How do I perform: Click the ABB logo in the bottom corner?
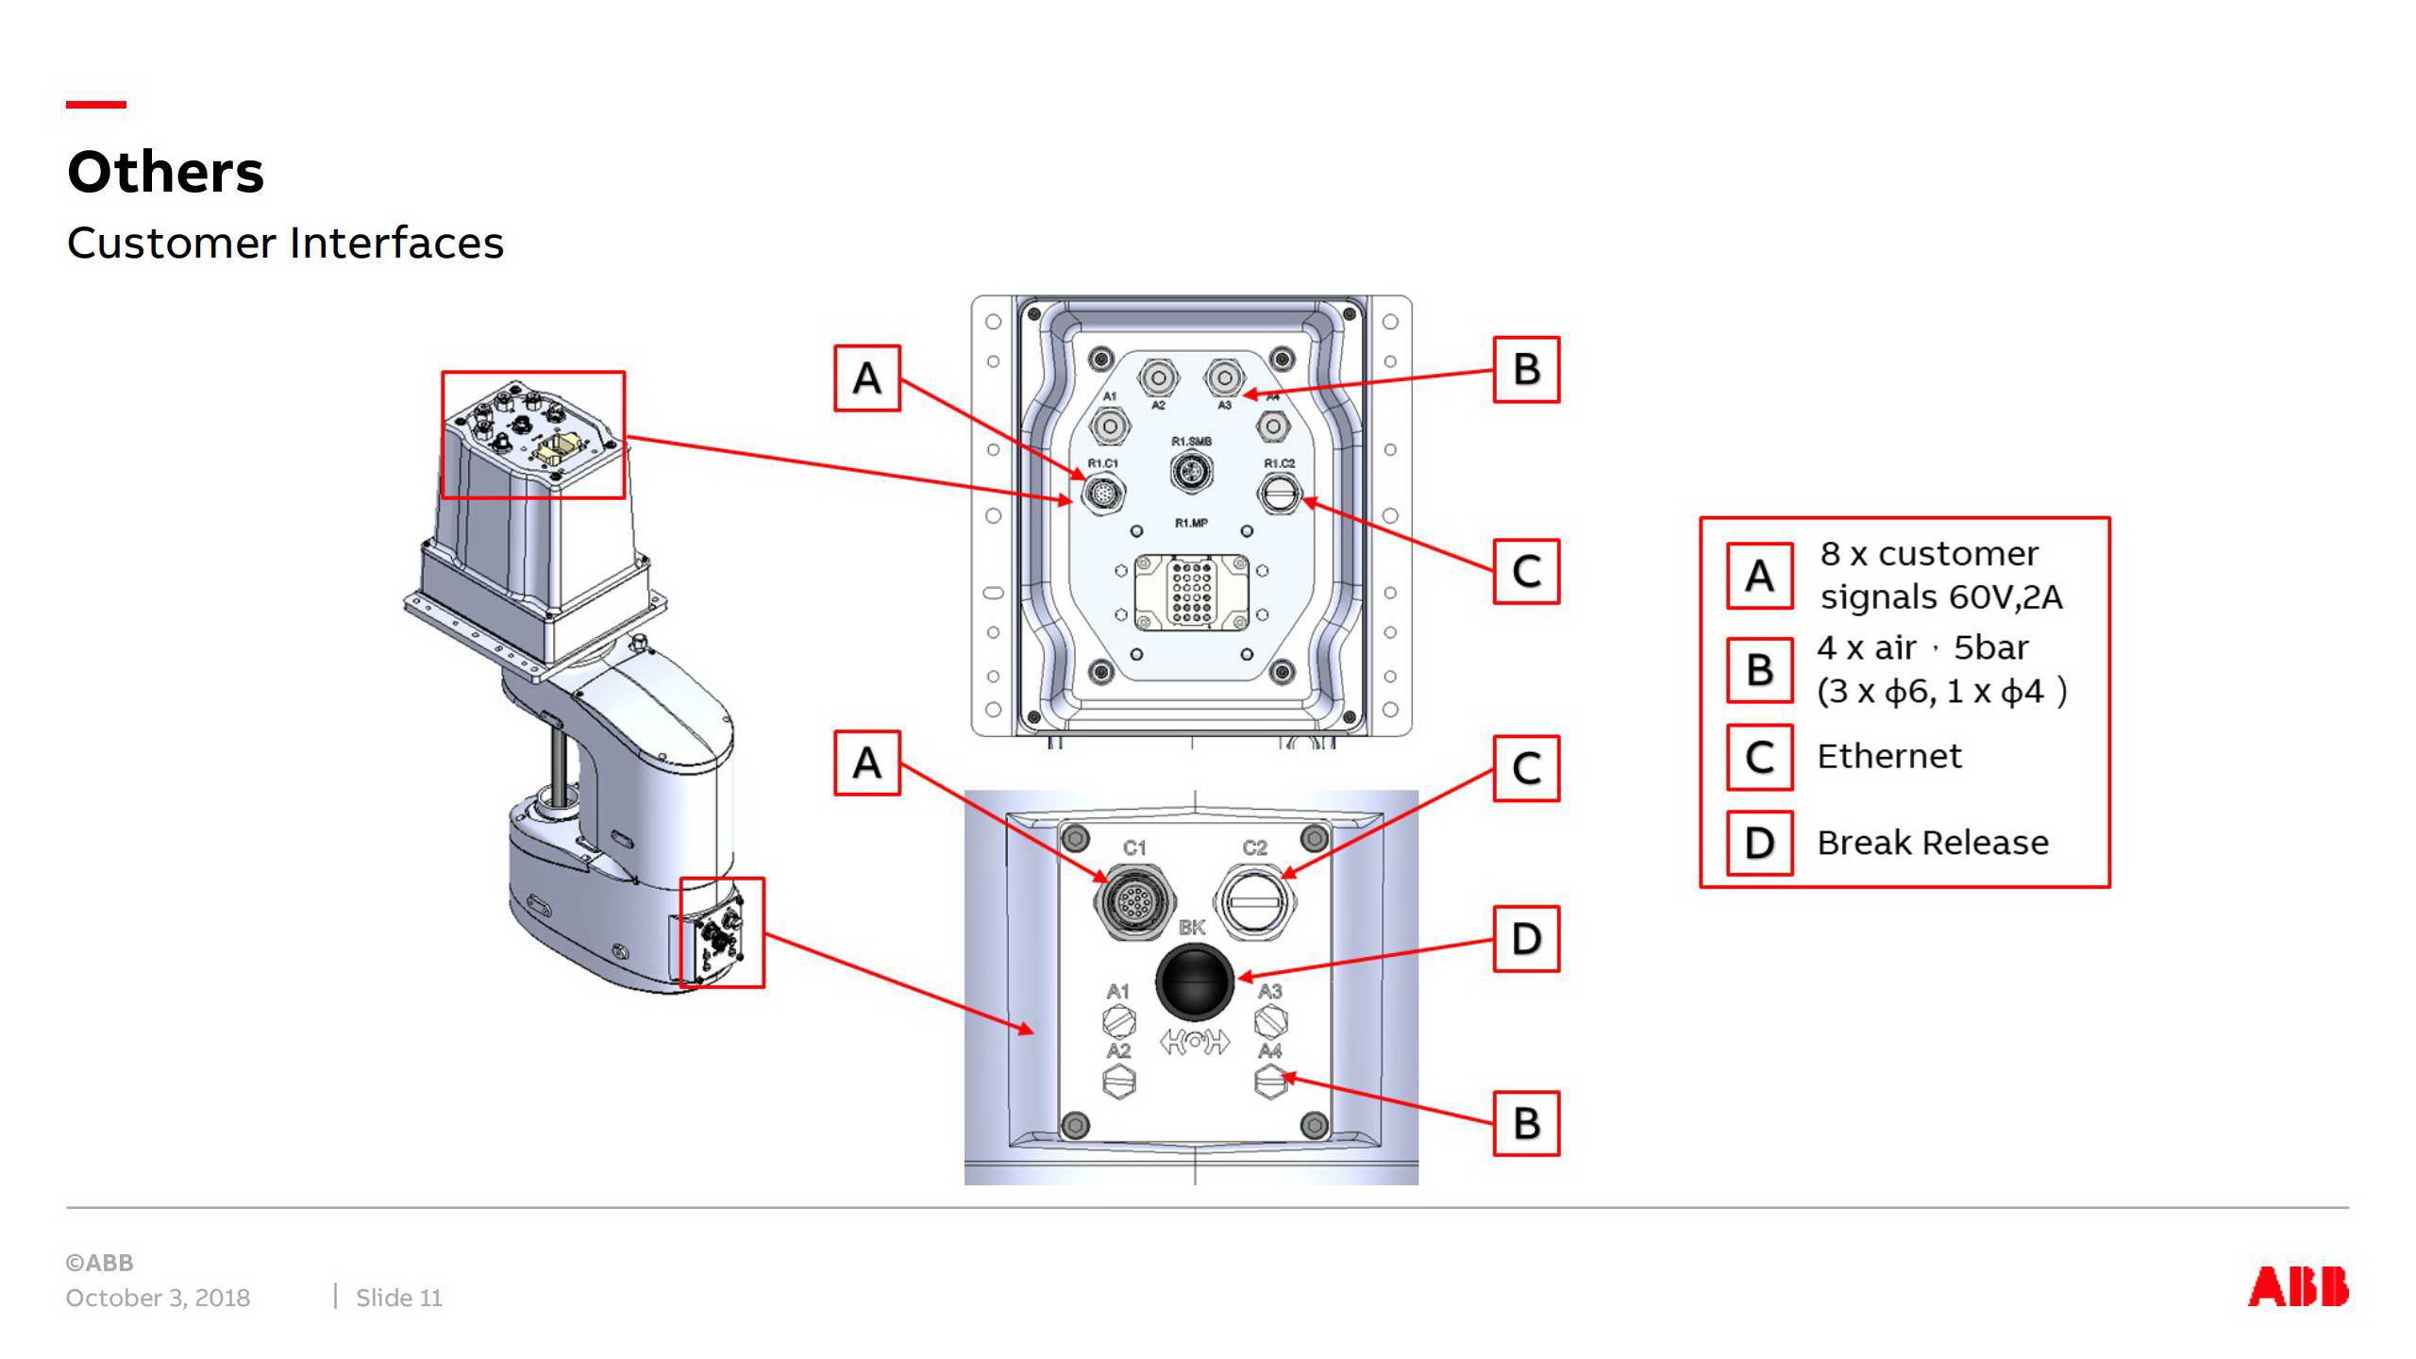click(2297, 1286)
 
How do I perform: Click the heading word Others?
click(166, 173)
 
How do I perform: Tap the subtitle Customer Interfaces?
click(285, 243)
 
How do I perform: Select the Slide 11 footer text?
click(398, 1298)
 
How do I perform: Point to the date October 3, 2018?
click(158, 1298)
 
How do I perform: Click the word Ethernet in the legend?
click(1888, 756)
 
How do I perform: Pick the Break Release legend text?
click(1932, 843)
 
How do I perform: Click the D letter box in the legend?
click(1759, 843)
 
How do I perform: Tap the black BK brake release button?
click(1194, 981)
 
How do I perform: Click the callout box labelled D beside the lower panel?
click(1526, 939)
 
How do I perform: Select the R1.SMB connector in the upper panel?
click(1192, 470)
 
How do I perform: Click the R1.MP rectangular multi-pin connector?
click(1191, 593)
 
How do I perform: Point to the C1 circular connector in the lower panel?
click(1132, 902)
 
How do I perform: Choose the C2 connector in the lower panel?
click(1254, 902)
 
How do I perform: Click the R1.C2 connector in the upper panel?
click(1279, 493)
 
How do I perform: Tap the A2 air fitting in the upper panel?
click(1159, 378)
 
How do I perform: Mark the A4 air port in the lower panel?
click(1270, 1081)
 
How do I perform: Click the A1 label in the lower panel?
click(1117, 992)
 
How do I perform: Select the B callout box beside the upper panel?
click(1526, 370)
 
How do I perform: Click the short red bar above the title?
click(95, 105)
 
